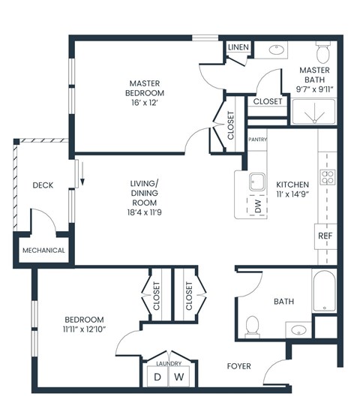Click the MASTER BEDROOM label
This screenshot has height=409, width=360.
coord(145,88)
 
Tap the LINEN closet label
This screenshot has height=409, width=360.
coord(238,47)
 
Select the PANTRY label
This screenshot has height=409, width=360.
coord(257,139)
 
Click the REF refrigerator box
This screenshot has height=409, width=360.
coord(325,236)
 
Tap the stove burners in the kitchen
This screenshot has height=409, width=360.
coord(328,177)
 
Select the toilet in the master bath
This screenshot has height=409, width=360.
coord(323,53)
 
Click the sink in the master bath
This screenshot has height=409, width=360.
coord(275,51)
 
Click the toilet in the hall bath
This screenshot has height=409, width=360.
coord(253,325)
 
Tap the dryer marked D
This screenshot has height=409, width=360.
coord(157,376)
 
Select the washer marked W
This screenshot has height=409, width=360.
coord(179,376)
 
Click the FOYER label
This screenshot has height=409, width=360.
coord(239,366)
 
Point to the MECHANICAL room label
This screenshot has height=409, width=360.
coord(43,251)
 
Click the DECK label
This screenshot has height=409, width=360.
coord(43,185)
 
